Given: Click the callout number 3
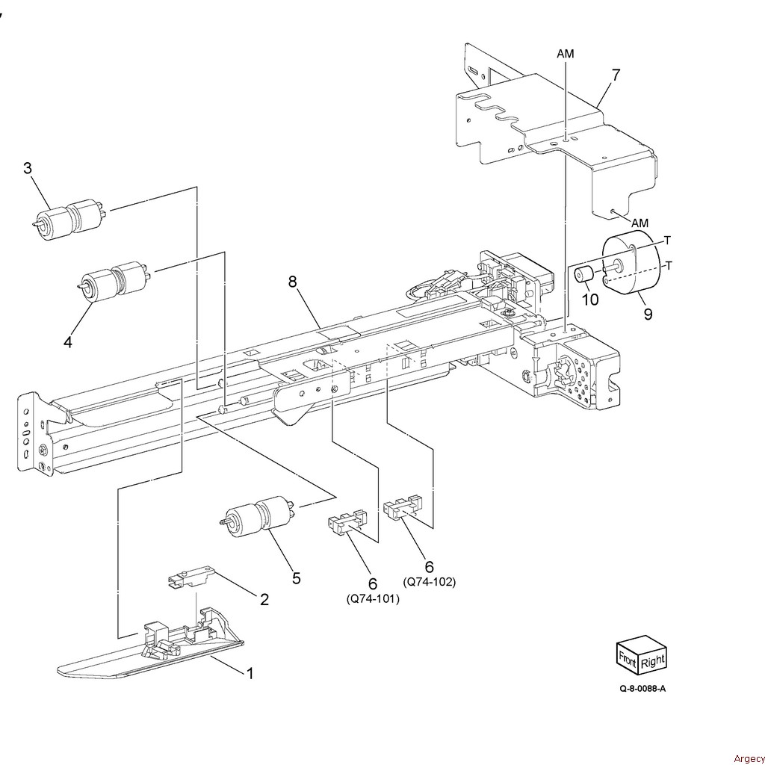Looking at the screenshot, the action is coord(28,168).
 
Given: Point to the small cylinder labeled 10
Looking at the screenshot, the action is coord(583,274).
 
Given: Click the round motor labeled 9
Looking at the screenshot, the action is coord(631,264).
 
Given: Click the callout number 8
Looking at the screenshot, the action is coord(292,282).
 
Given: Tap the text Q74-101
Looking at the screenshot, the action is coord(374,599).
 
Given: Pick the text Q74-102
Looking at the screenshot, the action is coord(429,582).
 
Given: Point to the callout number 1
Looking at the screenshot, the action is coord(250,673).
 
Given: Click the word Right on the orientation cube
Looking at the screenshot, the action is coord(652,662).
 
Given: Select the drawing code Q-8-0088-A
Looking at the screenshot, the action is coord(642,689).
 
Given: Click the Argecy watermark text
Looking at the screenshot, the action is coord(749,758).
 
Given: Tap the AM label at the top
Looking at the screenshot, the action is coord(566,54).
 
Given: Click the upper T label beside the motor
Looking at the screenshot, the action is coord(667,240).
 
